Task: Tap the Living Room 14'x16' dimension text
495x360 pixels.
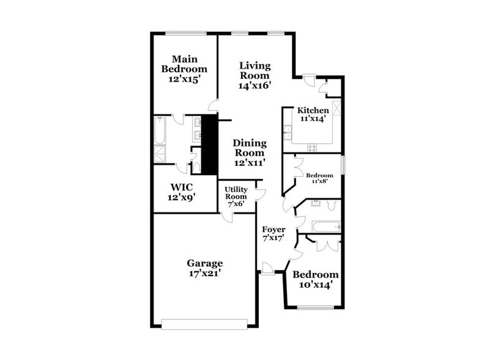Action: pos(255,86)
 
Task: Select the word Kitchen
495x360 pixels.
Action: pos(313,111)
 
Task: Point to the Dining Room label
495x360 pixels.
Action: pos(249,148)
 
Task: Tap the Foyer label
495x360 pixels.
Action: pos(274,230)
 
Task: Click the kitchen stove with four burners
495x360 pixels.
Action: pos(312,147)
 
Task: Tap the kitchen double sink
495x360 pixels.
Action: pos(287,131)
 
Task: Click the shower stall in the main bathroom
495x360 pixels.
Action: pos(160,153)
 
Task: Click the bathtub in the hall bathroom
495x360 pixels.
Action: pos(324,227)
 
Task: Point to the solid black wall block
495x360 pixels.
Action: pos(210,144)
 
